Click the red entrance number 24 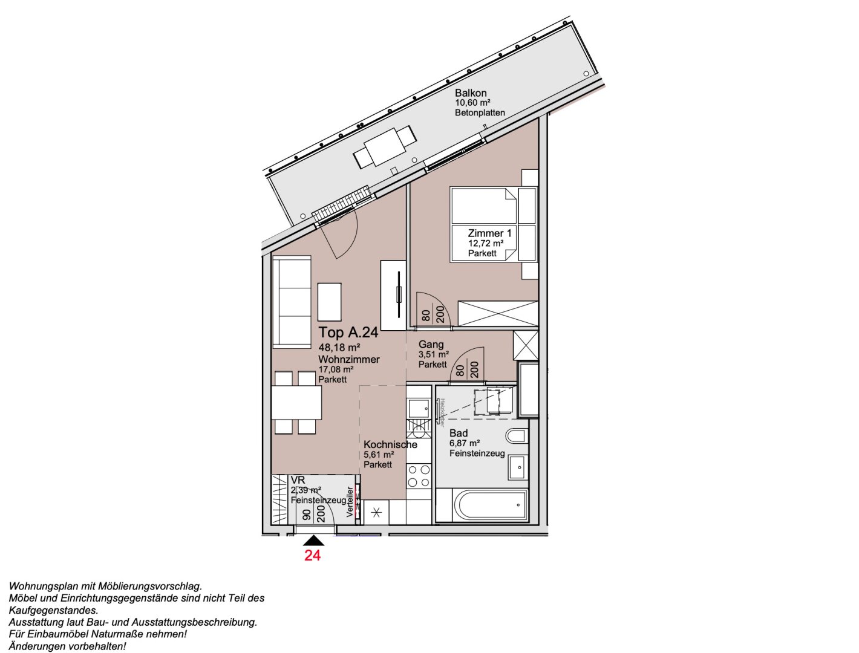312,555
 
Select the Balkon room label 471,93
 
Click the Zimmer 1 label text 489,233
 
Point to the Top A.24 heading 348,332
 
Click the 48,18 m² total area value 339,348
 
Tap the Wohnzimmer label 349,359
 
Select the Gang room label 431,345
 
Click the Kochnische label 390,444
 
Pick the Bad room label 459,433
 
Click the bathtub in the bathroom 490,506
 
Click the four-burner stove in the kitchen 419,476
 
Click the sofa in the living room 292,302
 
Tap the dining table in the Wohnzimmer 296,403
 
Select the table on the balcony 385,146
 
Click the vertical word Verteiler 350,502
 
